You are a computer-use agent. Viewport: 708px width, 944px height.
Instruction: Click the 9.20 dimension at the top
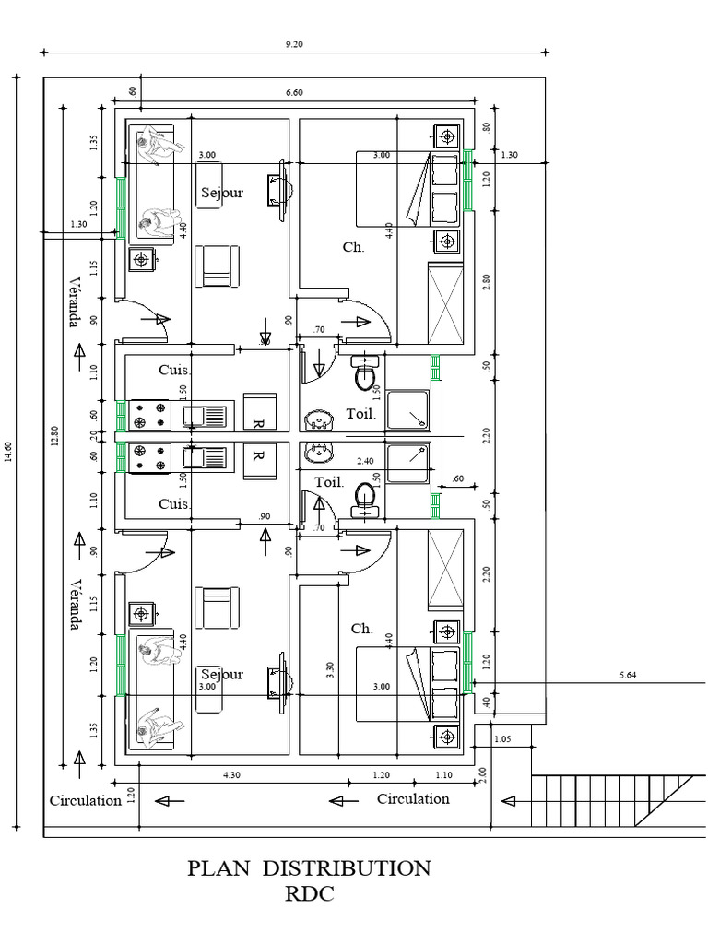(x=294, y=42)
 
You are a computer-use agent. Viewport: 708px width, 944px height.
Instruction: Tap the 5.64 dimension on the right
(x=629, y=676)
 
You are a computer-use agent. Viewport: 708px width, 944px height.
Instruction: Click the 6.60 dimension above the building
(x=294, y=92)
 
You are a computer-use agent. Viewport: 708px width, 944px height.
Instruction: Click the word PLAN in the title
(x=222, y=868)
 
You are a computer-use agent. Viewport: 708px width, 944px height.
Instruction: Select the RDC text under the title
(x=309, y=893)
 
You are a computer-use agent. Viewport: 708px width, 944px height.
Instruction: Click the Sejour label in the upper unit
(x=222, y=193)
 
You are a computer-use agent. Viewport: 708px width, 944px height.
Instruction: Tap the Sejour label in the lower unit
(x=222, y=674)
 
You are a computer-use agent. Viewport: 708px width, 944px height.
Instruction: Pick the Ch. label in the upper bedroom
(x=353, y=247)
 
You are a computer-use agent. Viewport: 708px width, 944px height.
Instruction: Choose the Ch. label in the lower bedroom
(x=361, y=629)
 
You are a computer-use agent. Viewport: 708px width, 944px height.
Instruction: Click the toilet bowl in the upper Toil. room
(x=366, y=374)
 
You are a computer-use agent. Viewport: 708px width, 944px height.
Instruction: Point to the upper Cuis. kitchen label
(x=174, y=370)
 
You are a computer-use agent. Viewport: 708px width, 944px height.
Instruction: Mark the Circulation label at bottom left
(x=85, y=800)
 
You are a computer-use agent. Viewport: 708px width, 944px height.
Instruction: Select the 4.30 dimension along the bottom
(x=231, y=776)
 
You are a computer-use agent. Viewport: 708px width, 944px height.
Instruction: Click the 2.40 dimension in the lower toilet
(x=365, y=461)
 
